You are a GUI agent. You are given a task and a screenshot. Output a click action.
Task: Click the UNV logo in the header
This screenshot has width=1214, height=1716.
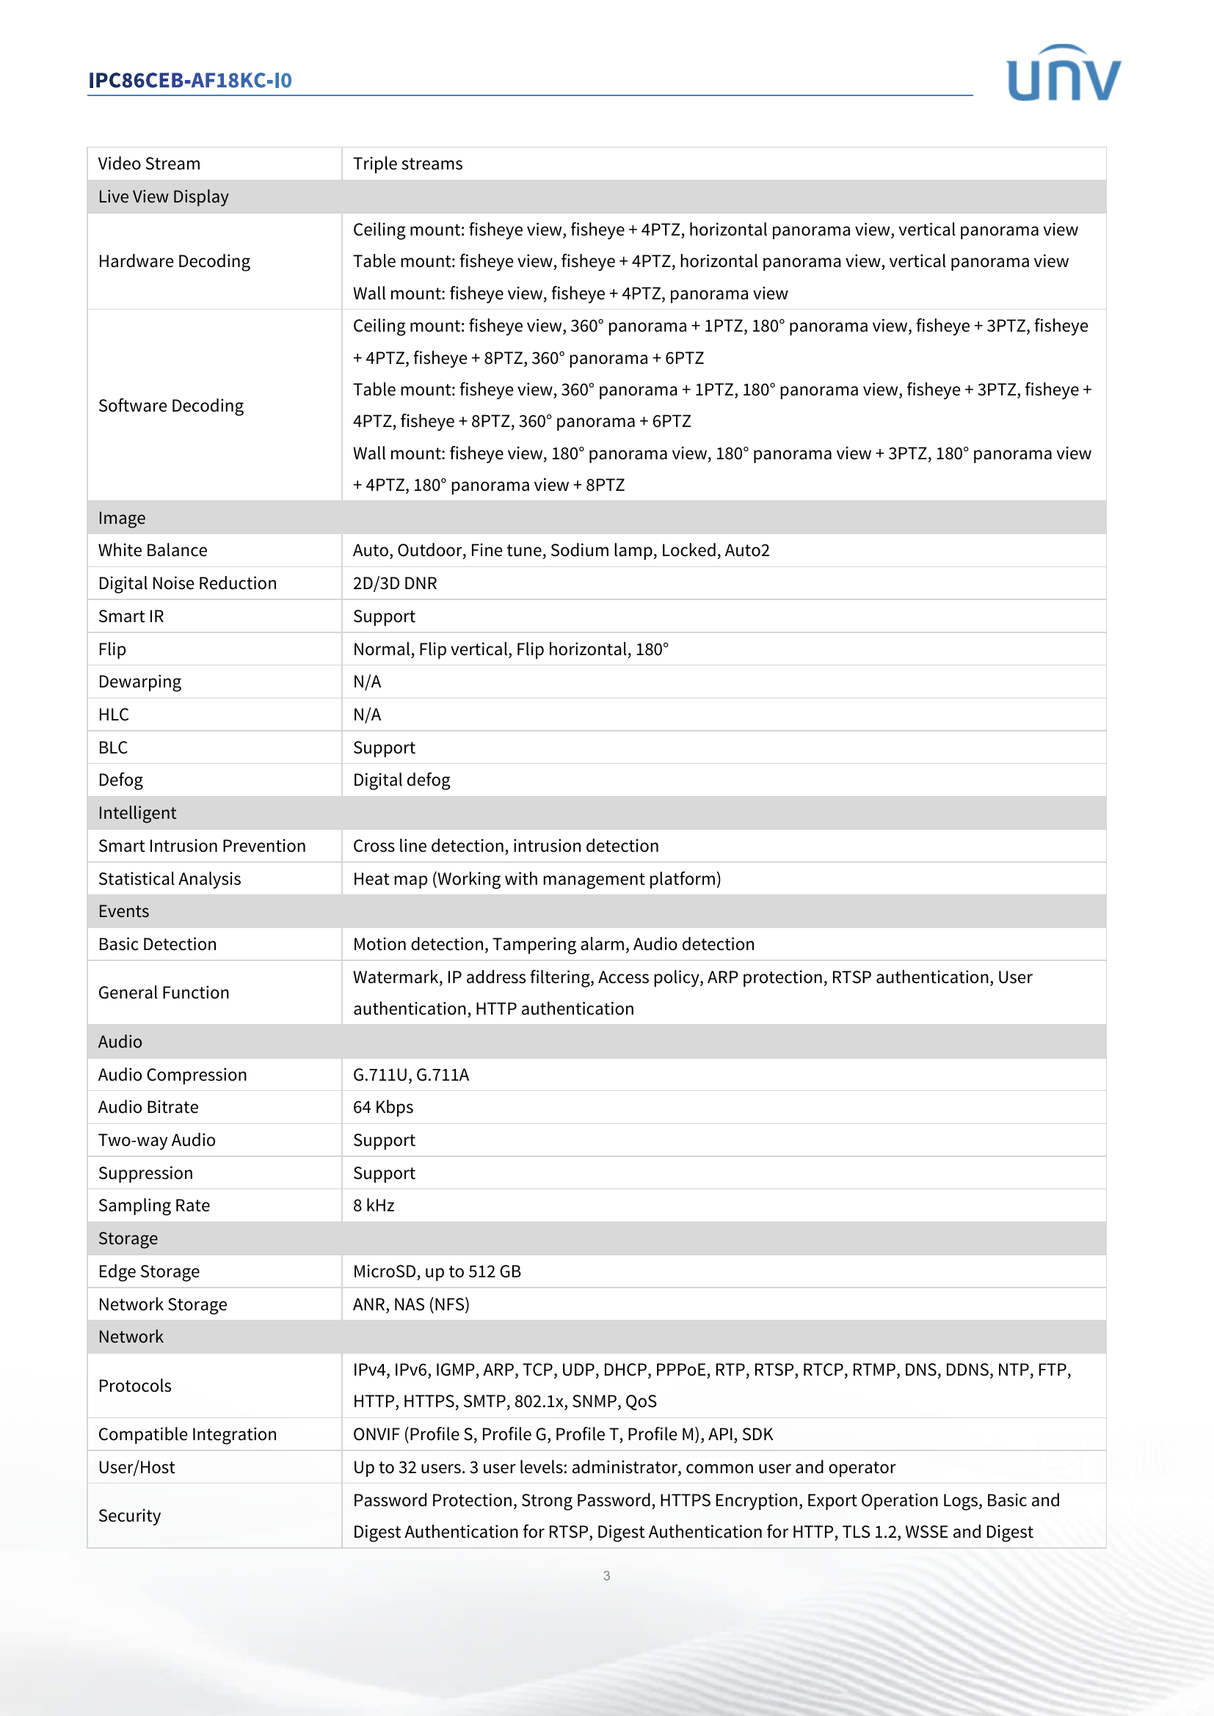(x=1063, y=73)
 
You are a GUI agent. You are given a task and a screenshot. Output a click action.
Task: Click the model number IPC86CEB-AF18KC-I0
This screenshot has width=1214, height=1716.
(x=190, y=81)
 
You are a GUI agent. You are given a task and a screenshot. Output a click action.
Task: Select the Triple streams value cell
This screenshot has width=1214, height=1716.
(x=407, y=164)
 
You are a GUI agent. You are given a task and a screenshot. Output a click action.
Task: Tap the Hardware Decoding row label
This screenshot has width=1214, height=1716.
(x=174, y=262)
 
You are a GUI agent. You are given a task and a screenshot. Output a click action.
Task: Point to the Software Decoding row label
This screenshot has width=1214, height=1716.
(x=170, y=406)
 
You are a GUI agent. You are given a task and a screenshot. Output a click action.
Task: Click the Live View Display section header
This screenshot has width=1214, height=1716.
(x=163, y=197)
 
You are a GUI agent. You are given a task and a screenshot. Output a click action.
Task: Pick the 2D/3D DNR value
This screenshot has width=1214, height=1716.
(x=395, y=583)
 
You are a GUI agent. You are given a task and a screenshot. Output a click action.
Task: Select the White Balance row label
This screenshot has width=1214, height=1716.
(x=153, y=550)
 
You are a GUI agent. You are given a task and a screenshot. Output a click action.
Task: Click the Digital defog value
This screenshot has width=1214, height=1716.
(x=401, y=781)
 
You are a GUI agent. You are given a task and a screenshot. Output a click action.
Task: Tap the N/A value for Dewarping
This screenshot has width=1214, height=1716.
(x=367, y=682)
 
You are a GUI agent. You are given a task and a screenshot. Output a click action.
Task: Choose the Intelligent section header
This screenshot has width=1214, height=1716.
(x=137, y=813)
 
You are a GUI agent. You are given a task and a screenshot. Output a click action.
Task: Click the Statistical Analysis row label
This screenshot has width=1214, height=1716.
(x=169, y=879)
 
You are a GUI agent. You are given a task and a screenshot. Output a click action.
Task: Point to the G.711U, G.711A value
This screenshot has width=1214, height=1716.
(x=410, y=1075)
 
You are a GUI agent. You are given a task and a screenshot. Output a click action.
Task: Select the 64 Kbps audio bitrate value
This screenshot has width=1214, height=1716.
(x=382, y=1107)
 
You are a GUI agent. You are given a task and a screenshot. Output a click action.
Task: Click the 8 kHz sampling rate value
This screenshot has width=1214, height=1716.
(x=374, y=1205)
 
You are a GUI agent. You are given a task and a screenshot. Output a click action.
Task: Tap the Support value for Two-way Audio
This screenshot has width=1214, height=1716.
(x=383, y=1141)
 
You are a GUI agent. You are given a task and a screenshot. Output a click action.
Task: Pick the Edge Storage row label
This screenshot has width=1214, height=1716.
(x=149, y=1271)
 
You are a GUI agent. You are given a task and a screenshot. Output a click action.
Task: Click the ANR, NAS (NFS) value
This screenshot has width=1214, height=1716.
(x=411, y=1304)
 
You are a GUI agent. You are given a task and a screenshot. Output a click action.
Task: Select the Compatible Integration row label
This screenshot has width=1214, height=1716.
(x=187, y=1434)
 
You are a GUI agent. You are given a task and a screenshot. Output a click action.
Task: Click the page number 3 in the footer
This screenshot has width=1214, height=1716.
(x=606, y=1575)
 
